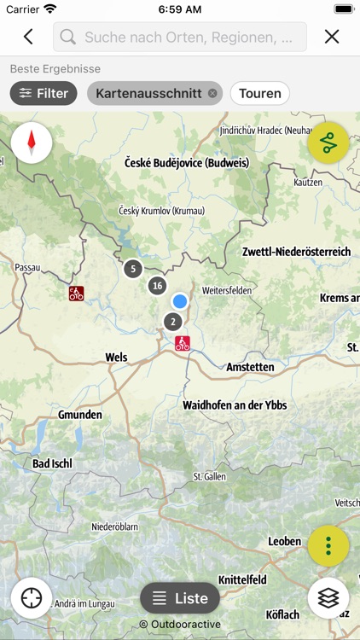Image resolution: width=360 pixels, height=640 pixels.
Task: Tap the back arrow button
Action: pos(28,37)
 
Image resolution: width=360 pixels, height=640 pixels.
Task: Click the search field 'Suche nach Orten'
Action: pos(180,37)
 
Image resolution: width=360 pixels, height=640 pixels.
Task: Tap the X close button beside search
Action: pos(332,37)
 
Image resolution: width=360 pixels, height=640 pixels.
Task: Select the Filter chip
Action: pos(44,93)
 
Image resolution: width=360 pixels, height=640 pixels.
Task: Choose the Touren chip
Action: pos(259,93)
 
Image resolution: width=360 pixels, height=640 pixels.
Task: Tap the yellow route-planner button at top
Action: pos(329,143)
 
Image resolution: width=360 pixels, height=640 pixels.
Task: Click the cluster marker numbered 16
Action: pos(157,286)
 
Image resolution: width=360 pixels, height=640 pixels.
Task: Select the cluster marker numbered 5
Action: pos(132,269)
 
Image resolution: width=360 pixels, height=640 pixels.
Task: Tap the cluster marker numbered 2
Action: pos(173,322)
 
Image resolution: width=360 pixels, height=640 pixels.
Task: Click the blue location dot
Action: pos(179,301)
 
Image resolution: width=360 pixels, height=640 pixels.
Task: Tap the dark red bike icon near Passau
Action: pos(77,294)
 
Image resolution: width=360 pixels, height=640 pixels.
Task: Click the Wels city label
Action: pos(116,358)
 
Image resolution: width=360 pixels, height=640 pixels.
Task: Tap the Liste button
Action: pos(180,598)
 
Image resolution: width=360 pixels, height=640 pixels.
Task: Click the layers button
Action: pos(328,598)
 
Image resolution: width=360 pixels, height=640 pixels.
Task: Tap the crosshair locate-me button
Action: pos(32,598)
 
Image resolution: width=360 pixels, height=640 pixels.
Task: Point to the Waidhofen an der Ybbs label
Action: pos(235,405)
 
